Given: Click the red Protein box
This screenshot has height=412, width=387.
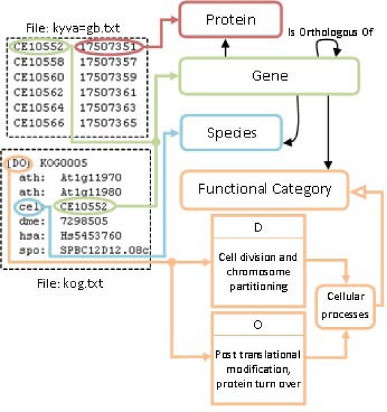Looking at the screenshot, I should tap(230, 20).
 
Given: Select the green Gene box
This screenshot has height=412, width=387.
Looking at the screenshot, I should tap(269, 76).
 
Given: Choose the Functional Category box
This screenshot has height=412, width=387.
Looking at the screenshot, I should tap(265, 188).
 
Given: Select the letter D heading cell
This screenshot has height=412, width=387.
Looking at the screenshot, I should tap(259, 226).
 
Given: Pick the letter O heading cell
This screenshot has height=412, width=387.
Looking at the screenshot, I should tap(259, 323).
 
